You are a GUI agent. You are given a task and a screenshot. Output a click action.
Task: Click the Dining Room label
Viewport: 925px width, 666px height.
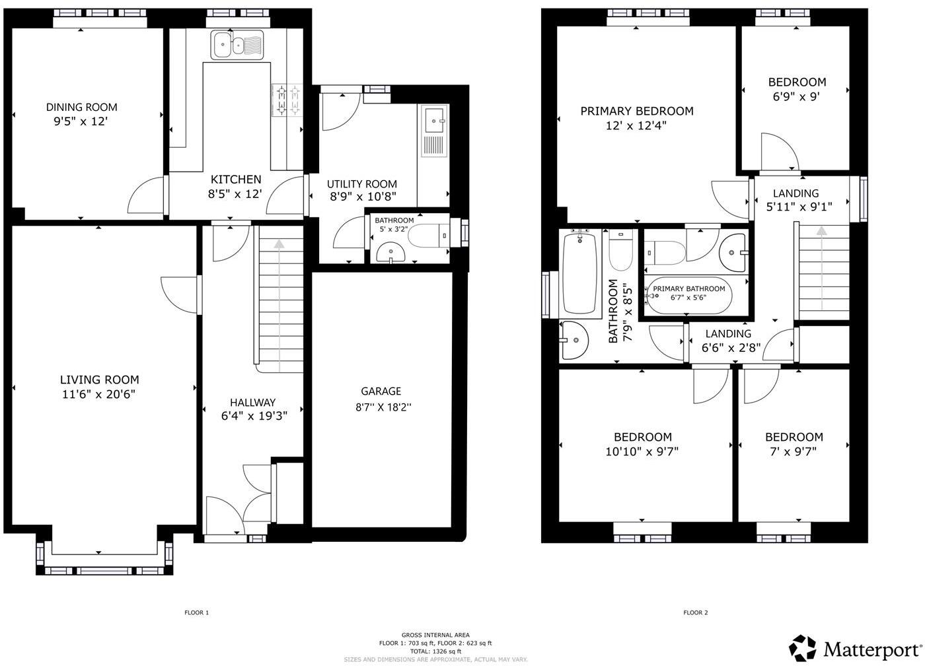(81, 107)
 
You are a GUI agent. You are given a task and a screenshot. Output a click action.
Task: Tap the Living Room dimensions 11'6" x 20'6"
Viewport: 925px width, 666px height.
(99, 395)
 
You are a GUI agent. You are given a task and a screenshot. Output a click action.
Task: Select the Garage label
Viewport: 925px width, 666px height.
(381, 391)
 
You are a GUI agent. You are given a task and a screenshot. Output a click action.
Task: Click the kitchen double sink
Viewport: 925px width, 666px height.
(237, 45)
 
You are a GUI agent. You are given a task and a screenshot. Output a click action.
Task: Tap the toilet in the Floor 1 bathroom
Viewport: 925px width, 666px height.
(427, 235)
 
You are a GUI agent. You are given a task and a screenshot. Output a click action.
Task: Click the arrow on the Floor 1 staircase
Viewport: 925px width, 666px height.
(279, 244)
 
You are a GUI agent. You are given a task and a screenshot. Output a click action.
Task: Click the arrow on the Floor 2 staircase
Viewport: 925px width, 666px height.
(821, 231)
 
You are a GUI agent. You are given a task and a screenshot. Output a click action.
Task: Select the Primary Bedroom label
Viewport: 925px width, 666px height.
(637, 111)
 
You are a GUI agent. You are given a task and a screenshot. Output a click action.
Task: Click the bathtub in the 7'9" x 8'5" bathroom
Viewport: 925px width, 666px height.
(580, 273)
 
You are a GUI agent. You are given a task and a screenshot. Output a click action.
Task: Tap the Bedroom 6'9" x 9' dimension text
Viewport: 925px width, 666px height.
(796, 96)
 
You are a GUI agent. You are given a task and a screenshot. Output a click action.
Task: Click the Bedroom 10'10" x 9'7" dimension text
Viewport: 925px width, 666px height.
(642, 451)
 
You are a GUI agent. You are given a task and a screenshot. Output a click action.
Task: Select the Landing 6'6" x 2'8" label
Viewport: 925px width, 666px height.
(728, 334)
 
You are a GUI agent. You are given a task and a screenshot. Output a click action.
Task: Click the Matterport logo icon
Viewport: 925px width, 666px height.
(803, 648)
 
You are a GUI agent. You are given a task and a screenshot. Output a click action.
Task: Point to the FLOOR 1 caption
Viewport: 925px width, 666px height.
(196, 613)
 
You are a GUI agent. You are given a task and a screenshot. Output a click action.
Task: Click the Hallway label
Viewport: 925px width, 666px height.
(252, 403)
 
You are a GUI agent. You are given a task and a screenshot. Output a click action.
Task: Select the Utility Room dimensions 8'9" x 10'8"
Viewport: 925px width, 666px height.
(363, 196)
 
